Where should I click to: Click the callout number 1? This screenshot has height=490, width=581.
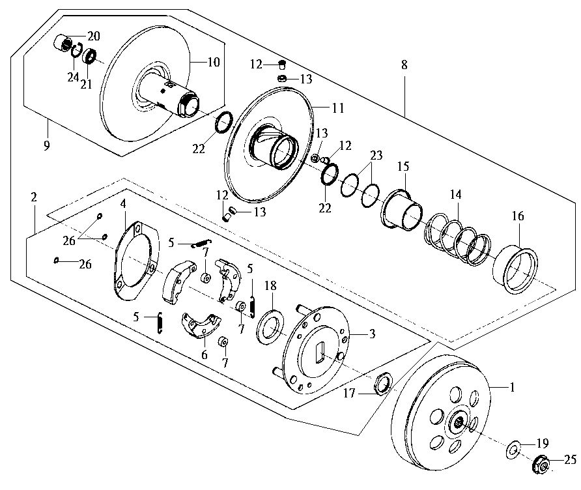[513, 387]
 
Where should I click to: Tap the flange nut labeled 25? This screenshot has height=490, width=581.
[541, 464]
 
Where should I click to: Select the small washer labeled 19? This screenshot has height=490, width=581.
[513, 450]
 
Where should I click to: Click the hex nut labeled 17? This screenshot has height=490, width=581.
[383, 384]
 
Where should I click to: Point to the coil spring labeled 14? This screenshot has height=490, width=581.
[457, 240]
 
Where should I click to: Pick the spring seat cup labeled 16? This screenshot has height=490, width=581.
[515, 268]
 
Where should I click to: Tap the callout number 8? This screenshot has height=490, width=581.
[404, 65]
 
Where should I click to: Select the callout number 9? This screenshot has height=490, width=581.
[46, 145]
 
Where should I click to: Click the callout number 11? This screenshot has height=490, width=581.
[338, 108]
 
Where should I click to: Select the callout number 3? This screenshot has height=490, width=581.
[372, 334]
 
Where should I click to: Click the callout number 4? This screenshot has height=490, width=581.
[123, 203]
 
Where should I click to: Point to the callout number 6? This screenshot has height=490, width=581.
[205, 354]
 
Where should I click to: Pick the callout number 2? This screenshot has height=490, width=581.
[34, 197]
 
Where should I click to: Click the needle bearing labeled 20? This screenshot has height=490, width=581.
[63, 43]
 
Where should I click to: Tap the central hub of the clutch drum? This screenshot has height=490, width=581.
[459, 422]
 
